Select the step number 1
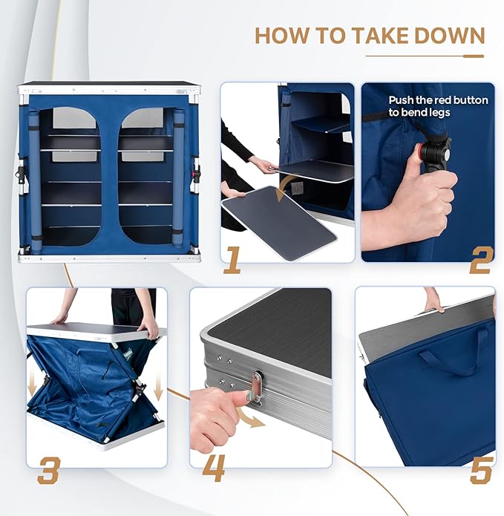pos(232,260)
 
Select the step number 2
pos(480,261)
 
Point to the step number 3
pos(48,469)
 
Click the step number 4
pos(215,469)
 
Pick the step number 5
pos(480,469)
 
